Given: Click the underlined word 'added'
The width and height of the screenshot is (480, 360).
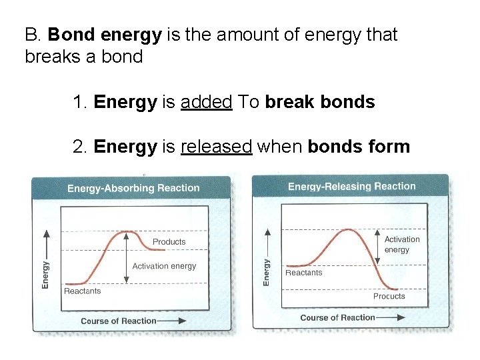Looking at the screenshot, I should [206, 102].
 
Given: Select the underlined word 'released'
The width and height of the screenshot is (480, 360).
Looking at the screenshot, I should [216, 147].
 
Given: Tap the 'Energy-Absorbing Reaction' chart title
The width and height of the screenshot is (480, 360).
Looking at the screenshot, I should [133, 188].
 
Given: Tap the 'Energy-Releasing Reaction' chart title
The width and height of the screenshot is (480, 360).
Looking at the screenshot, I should [351, 187].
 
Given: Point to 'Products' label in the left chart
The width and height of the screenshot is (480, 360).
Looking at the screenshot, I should [169, 241].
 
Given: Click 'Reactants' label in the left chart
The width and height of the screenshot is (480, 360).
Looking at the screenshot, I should [82, 291].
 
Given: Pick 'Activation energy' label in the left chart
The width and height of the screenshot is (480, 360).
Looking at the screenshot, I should [164, 266].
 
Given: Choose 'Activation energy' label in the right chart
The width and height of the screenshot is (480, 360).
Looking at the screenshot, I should [402, 244].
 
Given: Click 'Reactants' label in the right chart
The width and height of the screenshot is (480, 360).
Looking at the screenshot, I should [303, 272].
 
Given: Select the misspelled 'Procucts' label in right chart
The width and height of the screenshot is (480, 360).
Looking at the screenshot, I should [389, 296].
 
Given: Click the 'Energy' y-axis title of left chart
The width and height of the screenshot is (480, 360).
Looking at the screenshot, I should [45, 273].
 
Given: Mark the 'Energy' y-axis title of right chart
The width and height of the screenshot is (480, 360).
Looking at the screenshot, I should [267, 272].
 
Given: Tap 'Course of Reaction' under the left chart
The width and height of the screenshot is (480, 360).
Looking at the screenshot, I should [118, 321].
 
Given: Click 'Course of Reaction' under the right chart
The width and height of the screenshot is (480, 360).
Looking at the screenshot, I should [337, 317].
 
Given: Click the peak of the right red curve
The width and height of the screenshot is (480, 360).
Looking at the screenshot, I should [347, 229].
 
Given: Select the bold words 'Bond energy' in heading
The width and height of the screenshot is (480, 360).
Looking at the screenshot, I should [105, 34].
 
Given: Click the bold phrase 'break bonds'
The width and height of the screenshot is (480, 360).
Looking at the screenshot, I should [320, 102].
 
